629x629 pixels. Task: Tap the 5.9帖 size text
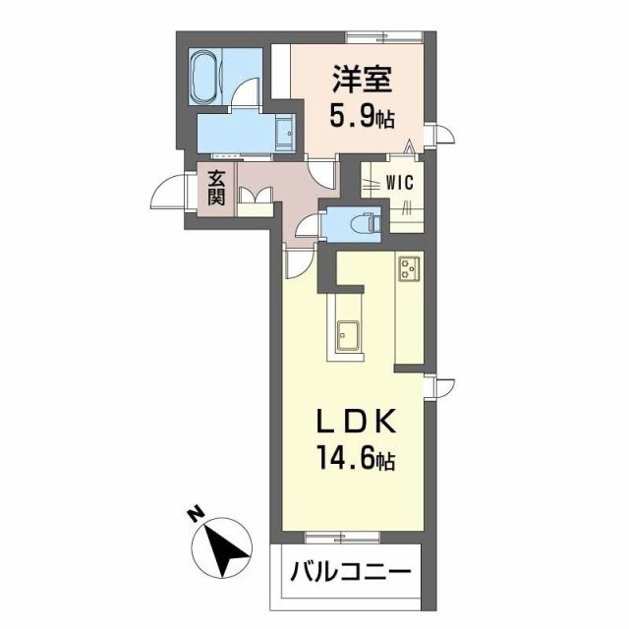tap(361, 120)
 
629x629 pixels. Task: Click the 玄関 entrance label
tap(216, 187)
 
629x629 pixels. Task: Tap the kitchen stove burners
tap(409, 267)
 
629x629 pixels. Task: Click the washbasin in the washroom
tap(285, 131)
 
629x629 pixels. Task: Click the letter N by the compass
tap(196, 514)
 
